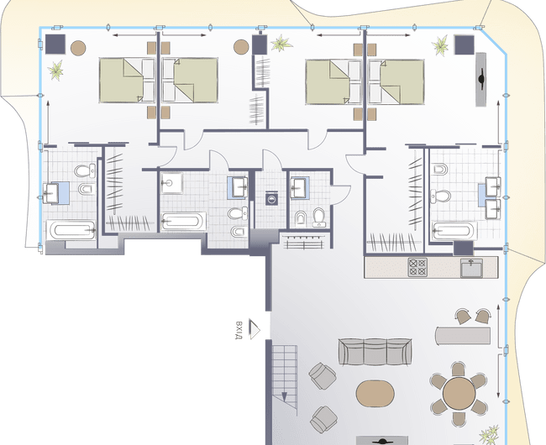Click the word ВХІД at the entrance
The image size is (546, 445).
pyautogui.click(x=239, y=330)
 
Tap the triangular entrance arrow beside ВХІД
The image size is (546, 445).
pyautogui.click(x=255, y=329)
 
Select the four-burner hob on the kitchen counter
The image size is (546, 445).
pyautogui.click(x=417, y=267)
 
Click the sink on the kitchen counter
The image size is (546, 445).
pyautogui.click(x=471, y=268)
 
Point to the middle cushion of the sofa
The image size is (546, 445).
pyautogui.click(x=375, y=352)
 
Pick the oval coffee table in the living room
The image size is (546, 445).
pyautogui.click(x=375, y=394)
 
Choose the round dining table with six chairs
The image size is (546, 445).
pyautogui.click(x=459, y=394)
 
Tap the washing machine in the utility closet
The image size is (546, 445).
pyautogui.click(x=271, y=198)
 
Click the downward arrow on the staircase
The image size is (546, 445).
pyautogui.click(x=284, y=397)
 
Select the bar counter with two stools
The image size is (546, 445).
pyautogui.click(x=463, y=335)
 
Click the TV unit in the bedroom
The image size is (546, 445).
pyautogui.click(x=480, y=79)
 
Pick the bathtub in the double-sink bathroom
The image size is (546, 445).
pyautogui.click(x=454, y=231)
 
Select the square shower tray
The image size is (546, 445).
pyautogui.click(x=171, y=183)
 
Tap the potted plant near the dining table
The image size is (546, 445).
pyautogui.click(x=489, y=435)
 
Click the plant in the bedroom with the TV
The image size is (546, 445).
pyautogui.click(x=440, y=44)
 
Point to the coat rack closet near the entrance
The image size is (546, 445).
pyautogui.click(x=304, y=242)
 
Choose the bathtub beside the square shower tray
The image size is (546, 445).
pyautogui.click(x=183, y=222)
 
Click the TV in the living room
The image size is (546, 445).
pyautogui.click(x=382, y=441)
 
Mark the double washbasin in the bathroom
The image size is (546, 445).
pyautogui.click(x=493, y=197)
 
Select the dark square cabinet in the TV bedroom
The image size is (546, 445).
pyautogui.click(x=465, y=44)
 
